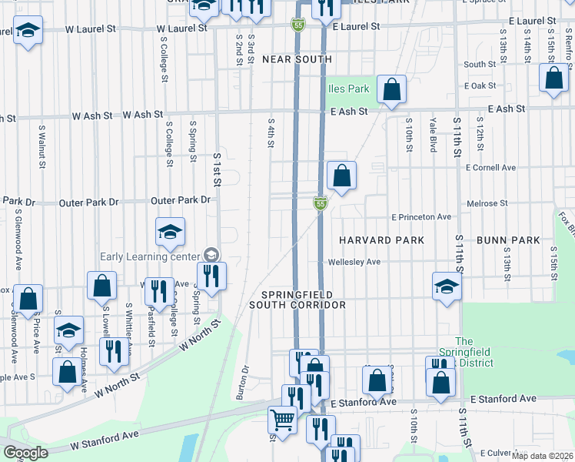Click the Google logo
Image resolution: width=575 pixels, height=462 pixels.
coord(25,453)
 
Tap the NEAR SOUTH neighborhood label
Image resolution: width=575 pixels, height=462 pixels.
coord(297,59)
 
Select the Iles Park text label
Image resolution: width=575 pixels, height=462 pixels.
coord(347,89)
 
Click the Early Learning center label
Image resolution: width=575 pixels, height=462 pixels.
coord(148,256)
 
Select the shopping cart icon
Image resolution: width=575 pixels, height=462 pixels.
coord(282,420)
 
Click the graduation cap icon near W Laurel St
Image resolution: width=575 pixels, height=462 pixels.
coord(28,31)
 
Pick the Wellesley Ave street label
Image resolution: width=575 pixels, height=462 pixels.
coord(354,262)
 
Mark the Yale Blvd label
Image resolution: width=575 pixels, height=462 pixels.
coord(434,135)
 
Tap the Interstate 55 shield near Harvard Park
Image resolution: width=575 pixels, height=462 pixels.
coord(321,203)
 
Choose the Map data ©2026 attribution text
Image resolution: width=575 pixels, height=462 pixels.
coord(543,456)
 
